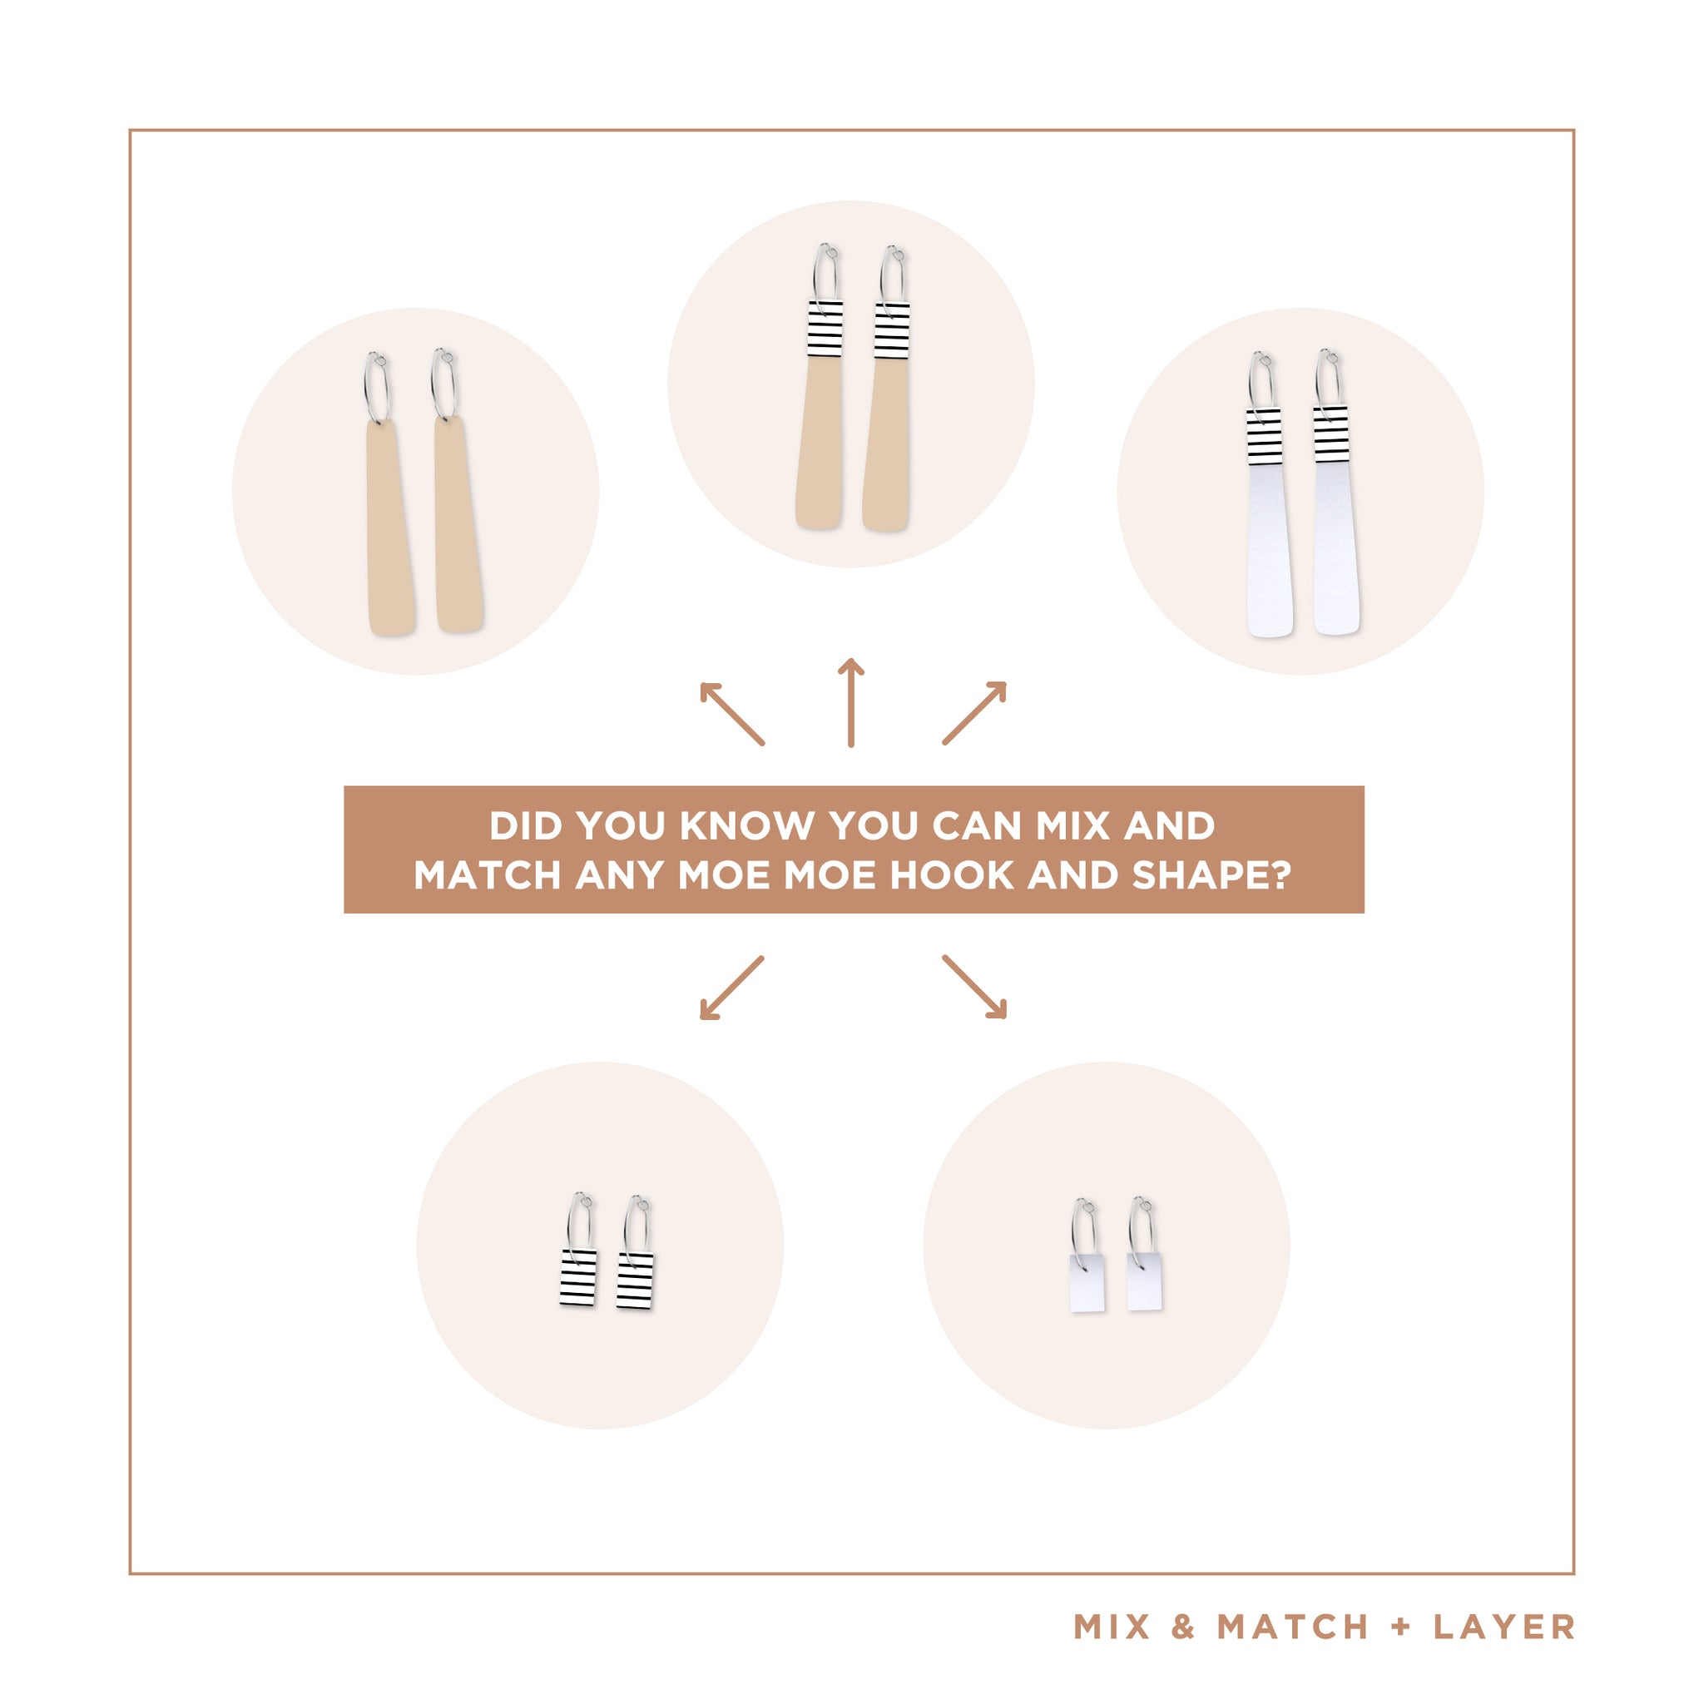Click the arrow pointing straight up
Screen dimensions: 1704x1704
(x=850, y=703)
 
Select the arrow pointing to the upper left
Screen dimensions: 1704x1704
(x=731, y=714)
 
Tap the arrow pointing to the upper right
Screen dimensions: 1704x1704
(x=974, y=713)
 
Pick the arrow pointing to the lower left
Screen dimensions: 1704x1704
(x=731, y=988)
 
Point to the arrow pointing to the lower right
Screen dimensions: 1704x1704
(x=974, y=987)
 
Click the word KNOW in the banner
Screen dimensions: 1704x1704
(x=747, y=826)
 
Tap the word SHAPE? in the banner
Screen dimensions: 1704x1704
(x=1211, y=876)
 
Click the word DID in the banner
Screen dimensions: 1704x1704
(x=526, y=826)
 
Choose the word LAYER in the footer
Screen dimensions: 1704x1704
(x=1503, y=1627)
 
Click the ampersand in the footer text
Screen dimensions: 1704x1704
(x=1184, y=1627)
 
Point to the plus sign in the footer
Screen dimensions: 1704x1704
(x=1401, y=1627)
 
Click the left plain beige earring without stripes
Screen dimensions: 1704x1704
(x=388, y=494)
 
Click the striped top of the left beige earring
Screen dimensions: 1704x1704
(x=825, y=329)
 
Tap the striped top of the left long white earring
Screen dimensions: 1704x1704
(x=1264, y=436)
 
